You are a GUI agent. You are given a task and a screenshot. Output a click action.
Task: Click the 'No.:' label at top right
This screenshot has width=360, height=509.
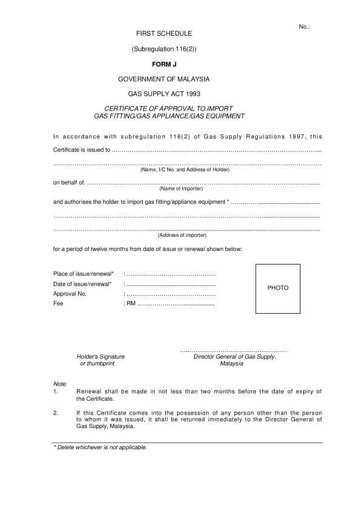pos(304,27)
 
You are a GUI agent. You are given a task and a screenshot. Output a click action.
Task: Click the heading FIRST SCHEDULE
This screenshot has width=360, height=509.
pos(163,33)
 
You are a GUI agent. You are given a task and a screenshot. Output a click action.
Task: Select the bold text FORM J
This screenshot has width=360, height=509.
pos(164,63)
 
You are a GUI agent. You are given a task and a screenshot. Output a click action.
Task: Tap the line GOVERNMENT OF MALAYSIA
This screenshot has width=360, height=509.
pos(164,79)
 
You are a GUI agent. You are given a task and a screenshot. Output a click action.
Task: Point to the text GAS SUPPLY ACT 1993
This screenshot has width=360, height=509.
pos(164,94)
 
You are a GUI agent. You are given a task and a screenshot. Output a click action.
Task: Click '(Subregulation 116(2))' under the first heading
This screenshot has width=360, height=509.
pos(164,48)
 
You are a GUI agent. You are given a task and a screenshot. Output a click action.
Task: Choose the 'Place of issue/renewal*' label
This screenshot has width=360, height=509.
pos(83,274)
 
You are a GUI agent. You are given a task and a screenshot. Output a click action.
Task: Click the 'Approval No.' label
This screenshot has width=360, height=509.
pos(70,294)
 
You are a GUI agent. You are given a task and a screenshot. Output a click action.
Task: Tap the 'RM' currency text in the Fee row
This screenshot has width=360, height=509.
pos(131,303)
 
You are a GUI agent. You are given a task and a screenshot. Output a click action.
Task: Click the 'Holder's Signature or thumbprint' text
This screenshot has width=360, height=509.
pos(100,360)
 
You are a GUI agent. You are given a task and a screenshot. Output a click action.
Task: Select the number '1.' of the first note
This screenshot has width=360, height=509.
pos(56,392)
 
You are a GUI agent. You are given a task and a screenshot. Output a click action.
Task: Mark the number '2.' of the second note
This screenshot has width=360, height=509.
pos(56,413)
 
